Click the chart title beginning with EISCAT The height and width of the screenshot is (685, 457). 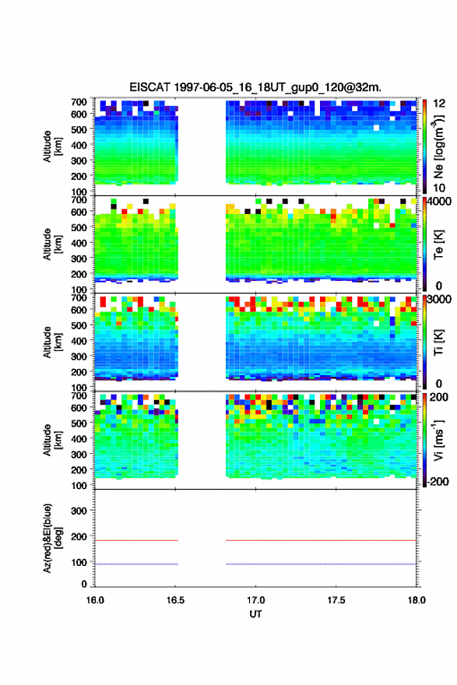point(255,87)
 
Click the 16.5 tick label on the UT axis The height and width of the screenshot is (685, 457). point(175,600)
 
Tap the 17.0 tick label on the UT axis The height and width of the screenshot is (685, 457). point(255,600)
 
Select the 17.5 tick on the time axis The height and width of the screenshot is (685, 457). point(336,600)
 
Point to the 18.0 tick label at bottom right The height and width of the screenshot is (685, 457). point(417,600)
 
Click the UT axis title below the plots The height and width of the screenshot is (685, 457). point(255,614)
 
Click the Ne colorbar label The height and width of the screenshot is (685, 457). point(438,146)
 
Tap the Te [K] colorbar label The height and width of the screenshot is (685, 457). point(438,244)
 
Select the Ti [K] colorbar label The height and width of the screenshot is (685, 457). point(438,342)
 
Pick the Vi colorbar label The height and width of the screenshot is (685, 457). point(438,440)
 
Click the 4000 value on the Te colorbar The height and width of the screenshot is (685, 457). point(440,202)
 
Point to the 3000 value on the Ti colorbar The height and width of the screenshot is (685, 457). point(440,300)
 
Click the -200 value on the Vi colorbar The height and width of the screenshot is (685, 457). point(438,481)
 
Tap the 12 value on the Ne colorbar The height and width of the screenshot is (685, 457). point(439,104)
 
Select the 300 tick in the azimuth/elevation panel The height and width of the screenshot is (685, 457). point(79,511)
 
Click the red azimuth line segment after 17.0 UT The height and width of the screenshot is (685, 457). point(321,540)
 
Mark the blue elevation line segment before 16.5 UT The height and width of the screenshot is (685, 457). point(136,564)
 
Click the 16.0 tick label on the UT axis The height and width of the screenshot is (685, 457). point(95,600)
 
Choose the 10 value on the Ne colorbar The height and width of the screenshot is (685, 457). point(439,188)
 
